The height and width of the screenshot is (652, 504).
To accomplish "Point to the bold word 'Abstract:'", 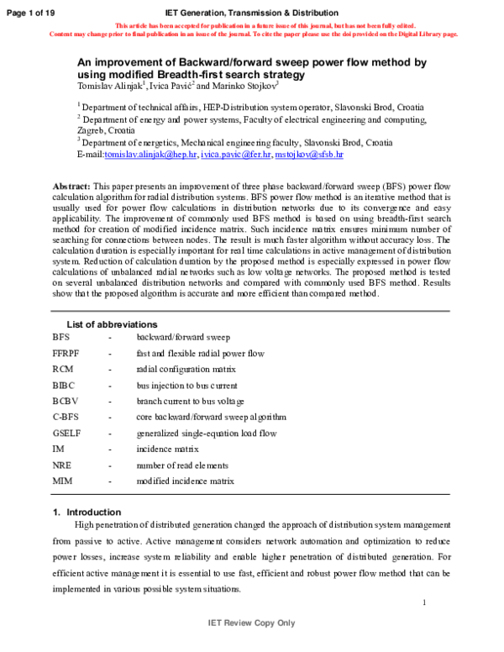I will point(71,185).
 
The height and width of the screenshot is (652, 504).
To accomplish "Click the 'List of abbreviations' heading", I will point(111,324).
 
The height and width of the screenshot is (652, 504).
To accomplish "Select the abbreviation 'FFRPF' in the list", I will point(66,353).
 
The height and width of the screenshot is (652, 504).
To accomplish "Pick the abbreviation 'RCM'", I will point(62,369).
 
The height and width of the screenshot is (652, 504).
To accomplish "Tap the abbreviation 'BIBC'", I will point(63,385).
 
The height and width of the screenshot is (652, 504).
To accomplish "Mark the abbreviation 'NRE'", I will point(61,465).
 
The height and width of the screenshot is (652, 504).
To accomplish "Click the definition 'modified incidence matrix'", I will point(186,481).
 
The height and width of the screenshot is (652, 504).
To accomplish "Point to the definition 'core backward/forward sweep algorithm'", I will point(212,417).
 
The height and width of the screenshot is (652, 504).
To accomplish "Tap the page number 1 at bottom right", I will point(425,602).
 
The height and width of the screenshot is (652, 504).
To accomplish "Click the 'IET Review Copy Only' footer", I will point(251,623).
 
